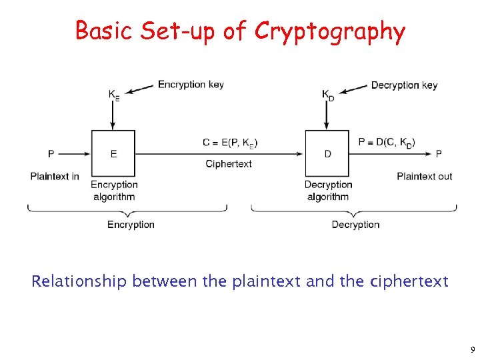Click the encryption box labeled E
(113, 153)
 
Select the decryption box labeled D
(327, 153)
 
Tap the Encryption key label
(191, 85)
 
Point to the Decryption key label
(404, 85)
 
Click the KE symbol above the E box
(114, 95)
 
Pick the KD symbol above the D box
(328, 95)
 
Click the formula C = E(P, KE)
(230, 142)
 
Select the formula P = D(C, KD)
(386, 142)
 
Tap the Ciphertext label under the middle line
(229, 164)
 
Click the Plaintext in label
(55, 176)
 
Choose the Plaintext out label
(424, 176)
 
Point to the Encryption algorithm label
(114, 190)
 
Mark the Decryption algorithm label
(328, 190)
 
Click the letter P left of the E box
(51, 154)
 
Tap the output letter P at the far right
(439, 154)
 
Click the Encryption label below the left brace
(131, 225)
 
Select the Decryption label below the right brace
(355, 225)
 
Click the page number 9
(472, 349)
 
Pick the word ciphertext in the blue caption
(407, 281)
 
